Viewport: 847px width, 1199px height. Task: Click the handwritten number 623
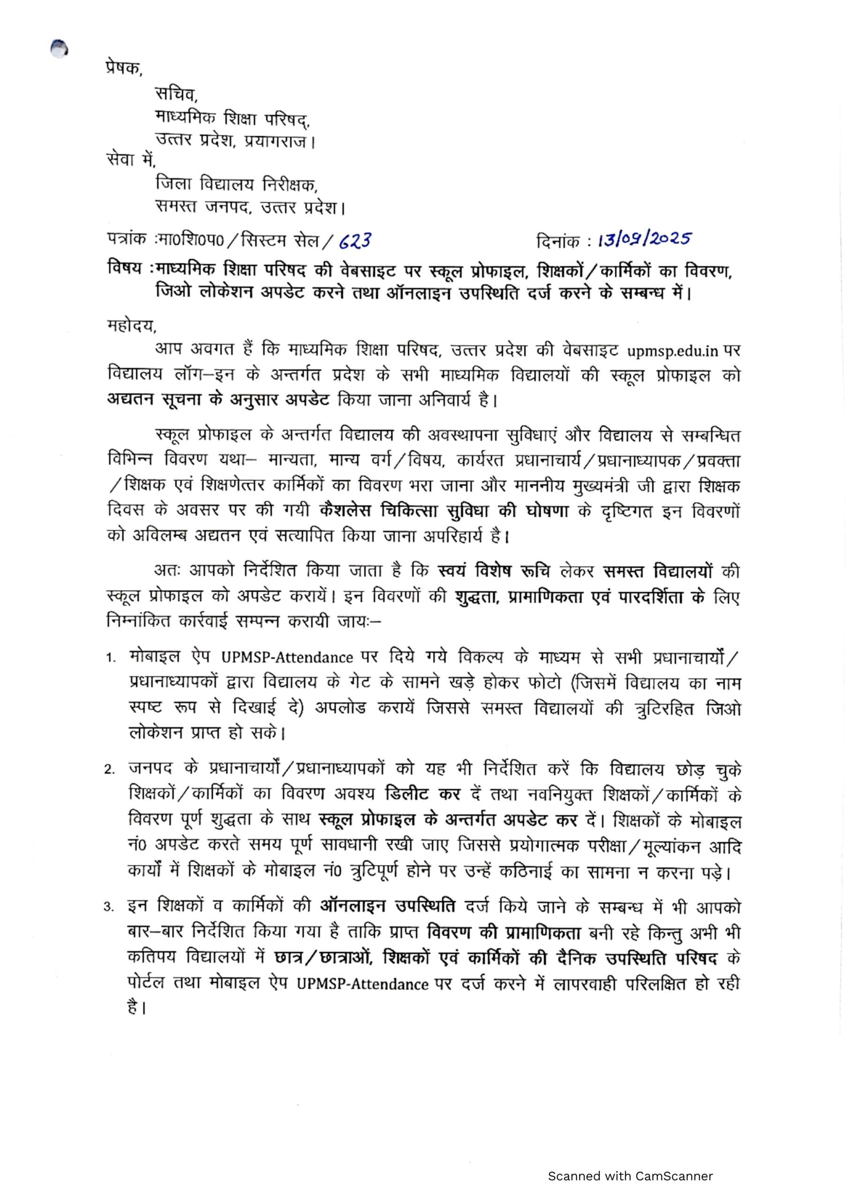[x=355, y=241]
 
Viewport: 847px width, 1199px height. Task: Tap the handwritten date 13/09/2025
[x=644, y=240]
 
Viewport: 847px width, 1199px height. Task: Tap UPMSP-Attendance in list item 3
[x=363, y=984]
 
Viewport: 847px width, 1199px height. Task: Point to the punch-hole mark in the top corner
[x=59, y=49]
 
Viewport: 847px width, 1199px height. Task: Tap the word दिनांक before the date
[x=558, y=242]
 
